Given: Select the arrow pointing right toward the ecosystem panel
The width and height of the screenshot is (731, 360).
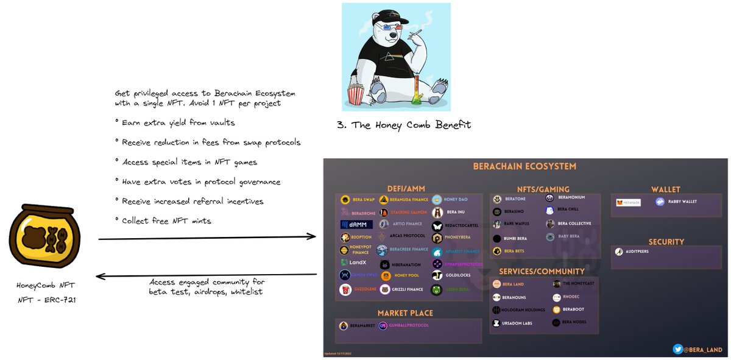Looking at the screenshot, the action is point(207,237).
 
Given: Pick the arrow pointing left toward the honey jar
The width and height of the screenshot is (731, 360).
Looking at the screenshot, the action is point(207,276).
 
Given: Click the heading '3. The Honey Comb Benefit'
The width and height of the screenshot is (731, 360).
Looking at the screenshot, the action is point(403,125).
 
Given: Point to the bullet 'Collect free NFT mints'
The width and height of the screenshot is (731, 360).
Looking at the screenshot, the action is point(166,221).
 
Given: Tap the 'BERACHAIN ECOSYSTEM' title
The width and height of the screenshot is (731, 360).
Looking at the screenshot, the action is point(524,166).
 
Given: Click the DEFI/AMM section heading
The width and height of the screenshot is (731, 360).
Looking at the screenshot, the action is point(408,188).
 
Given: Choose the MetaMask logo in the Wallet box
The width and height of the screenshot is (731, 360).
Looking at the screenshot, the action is point(628,202).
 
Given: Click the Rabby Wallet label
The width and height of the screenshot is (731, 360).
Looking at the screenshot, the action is point(681,202).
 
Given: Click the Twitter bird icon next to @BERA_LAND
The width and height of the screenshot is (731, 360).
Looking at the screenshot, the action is point(677,350).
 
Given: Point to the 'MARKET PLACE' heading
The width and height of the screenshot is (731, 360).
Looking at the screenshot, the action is point(405,313).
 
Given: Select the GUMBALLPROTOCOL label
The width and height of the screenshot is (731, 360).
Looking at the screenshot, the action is point(409,326).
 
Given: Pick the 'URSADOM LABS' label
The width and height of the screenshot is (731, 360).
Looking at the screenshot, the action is point(518,323).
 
